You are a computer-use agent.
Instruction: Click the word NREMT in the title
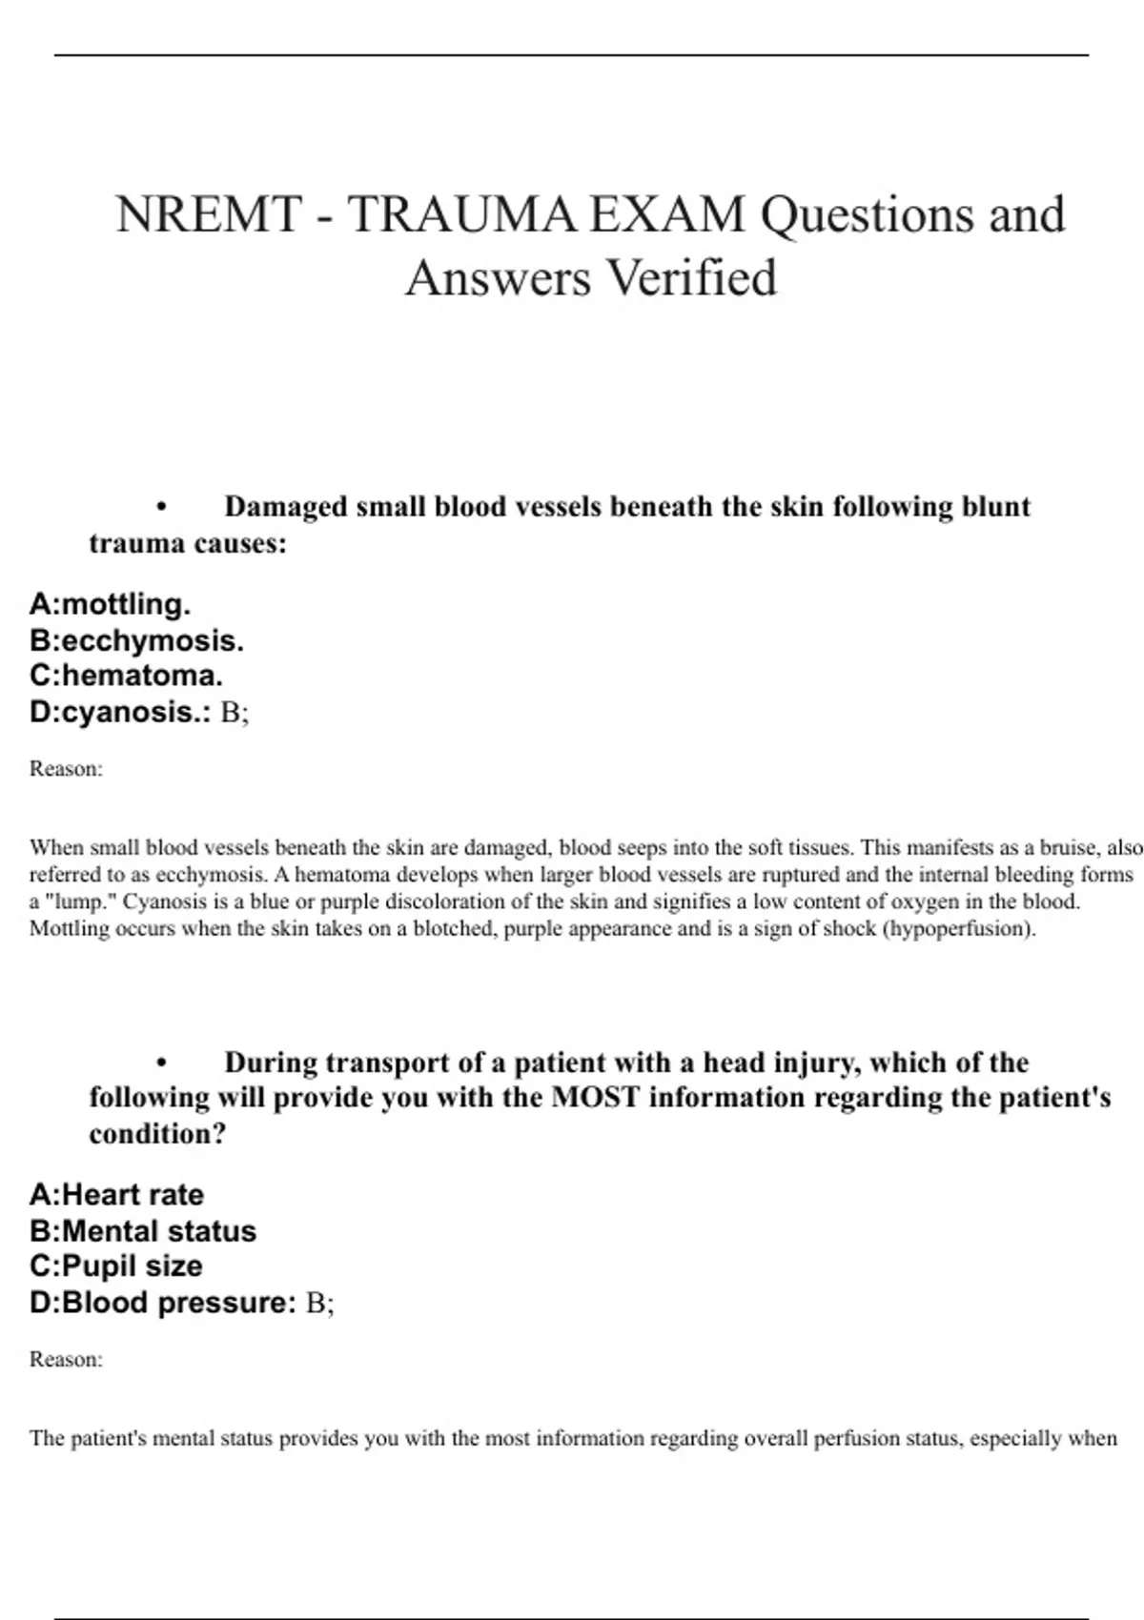209,214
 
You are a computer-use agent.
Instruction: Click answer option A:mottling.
111,604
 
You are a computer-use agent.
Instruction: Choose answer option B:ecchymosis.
137,640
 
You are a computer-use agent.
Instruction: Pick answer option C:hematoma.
127,676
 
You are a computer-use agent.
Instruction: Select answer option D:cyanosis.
120,712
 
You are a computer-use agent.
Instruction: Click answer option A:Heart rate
117,1195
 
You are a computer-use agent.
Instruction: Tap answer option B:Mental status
144,1231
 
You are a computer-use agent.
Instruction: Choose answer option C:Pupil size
116,1266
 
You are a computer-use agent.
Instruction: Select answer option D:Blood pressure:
163,1303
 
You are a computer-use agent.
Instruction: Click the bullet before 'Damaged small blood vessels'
162,508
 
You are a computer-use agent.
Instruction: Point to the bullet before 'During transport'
162,1063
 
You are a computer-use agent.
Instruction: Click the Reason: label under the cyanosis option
66,769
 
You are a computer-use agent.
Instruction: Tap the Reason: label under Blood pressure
66,1360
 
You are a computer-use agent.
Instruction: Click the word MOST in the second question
596,1098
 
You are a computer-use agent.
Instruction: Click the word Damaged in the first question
286,507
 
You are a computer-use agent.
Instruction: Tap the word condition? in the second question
157,1134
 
